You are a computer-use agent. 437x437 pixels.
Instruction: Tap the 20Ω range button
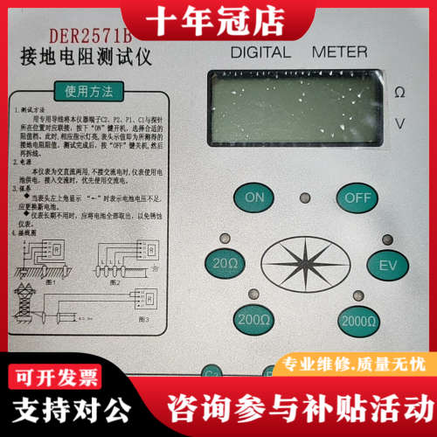pyautogui.click(x=222, y=262)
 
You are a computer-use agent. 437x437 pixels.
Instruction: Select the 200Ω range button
pyautogui.click(x=253, y=320)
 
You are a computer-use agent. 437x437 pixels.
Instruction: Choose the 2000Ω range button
pyautogui.click(x=359, y=320)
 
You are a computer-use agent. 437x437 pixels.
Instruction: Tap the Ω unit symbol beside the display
pyautogui.click(x=399, y=93)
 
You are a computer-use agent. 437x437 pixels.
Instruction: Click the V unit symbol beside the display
pyautogui.click(x=399, y=123)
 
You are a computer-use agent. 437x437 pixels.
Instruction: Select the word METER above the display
pyautogui.click(x=339, y=52)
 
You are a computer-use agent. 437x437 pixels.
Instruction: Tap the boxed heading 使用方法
pyautogui.click(x=84, y=90)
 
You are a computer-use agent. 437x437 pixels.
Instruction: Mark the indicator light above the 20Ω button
pyautogui.click(x=225, y=238)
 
